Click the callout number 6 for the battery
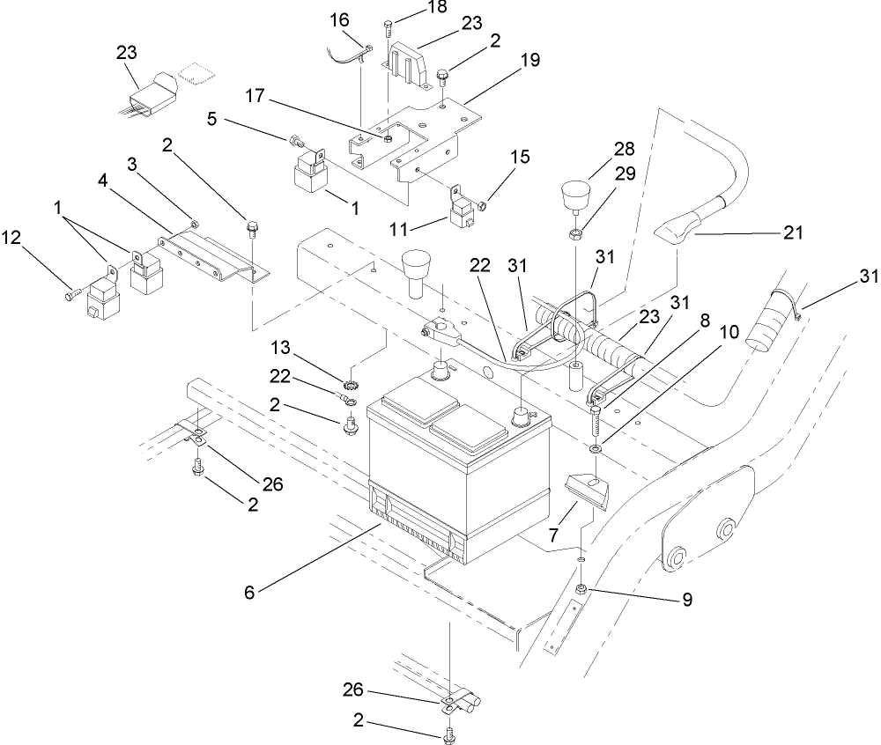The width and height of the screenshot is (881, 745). pos(249,593)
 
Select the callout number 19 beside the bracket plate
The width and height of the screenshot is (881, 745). pos(529,60)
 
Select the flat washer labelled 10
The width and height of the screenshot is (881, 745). pos(596,450)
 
